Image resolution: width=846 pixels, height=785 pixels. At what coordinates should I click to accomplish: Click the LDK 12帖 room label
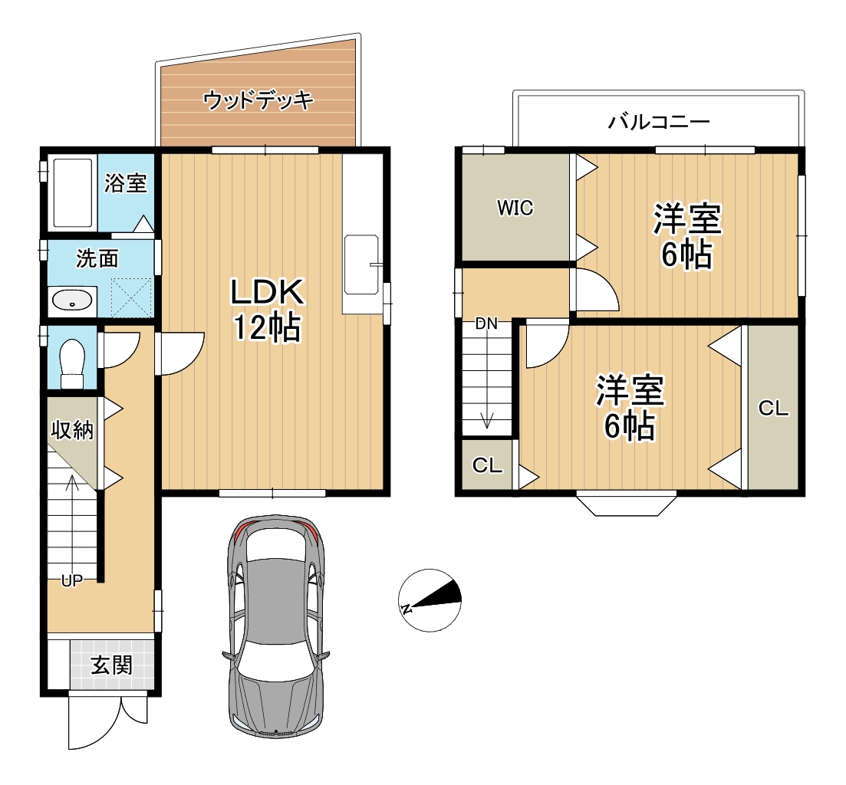pos(267,310)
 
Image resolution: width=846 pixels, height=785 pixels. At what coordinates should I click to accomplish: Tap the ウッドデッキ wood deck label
pos(258,100)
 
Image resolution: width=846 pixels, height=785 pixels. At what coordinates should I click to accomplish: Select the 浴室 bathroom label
pos(125,183)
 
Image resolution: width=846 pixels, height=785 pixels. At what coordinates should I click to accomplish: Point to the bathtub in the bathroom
pos(72,192)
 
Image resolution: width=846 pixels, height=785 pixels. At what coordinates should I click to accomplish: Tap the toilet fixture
pos(72,363)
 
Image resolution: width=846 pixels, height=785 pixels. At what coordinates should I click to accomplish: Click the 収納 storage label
pos(72,431)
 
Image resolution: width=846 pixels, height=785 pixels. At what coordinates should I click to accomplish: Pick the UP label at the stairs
pos(72,580)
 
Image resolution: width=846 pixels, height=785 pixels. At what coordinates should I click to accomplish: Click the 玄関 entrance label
pos(112,665)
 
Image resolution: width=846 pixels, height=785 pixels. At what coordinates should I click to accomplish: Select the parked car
pos(275,626)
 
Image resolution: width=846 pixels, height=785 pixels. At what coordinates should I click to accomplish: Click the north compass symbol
pos(430,600)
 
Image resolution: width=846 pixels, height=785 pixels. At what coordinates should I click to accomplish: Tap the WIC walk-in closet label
pos(515,208)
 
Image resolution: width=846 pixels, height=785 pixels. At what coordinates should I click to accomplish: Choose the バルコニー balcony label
pos(659,122)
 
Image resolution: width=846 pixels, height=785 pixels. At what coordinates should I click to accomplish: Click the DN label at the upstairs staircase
pos(486,324)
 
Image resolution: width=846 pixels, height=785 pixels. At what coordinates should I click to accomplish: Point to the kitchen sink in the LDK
pos(361,264)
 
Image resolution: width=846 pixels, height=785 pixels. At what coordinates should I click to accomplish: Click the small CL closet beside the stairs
pos(487,465)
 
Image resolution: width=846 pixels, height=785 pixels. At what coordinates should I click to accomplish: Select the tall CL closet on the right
pos(773,408)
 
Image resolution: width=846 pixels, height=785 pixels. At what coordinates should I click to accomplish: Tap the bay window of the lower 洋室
pos(627,504)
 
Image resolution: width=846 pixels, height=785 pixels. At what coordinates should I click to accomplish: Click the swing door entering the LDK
pos(179,353)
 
